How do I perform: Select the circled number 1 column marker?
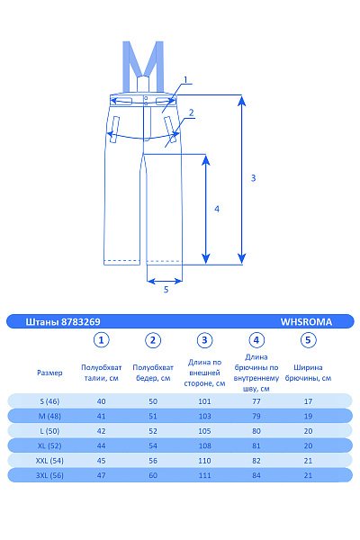pyautogui.click(x=102, y=340)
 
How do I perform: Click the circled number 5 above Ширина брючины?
pyautogui.click(x=309, y=340)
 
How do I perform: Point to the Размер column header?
pyautogui.click(x=49, y=372)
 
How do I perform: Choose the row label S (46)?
pyautogui.click(x=49, y=400)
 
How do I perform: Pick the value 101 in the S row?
pyautogui.click(x=205, y=400)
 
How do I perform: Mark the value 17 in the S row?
pyautogui.click(x=309, y=400)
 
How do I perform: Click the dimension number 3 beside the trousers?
pyautogui.click(x=254, y=178)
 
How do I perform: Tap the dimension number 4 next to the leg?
pyautogui.click(x=217, y=208)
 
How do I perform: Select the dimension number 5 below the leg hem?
pyautogui.click(x=166, y=290)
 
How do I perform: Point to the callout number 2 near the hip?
pyautogui.click(x=192, y=112)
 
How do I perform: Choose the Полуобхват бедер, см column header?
pyautogui.click(x=153, y=372)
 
